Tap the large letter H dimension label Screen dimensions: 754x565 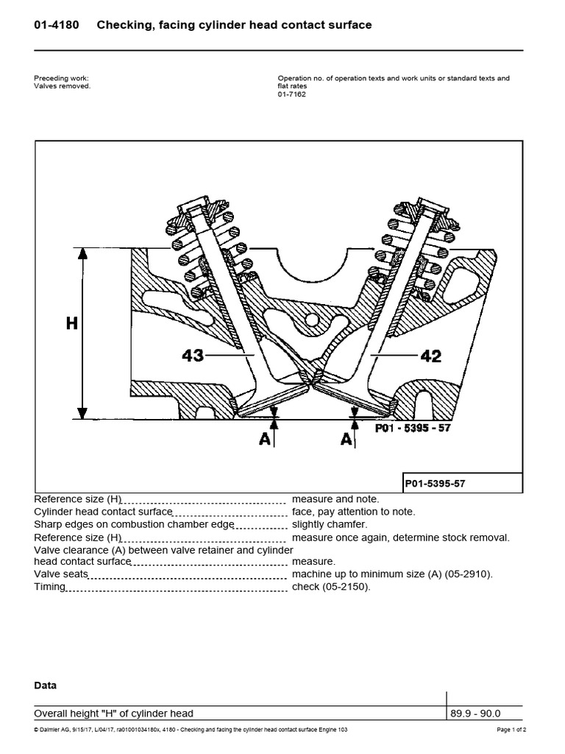[71, 324]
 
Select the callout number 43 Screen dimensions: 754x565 [193, 356]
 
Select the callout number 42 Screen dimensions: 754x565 [430, 356]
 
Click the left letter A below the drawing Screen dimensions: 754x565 [264, 440]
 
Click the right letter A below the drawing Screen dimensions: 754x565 [346, 440]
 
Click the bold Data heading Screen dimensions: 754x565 [46, 686]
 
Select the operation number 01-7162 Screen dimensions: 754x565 [291, 94]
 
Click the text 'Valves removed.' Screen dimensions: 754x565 [63, 86]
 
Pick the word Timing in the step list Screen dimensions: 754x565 [50, 587]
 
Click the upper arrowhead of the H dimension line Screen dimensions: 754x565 [83, 254]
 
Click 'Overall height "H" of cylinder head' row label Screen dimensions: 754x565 [114, 713]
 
